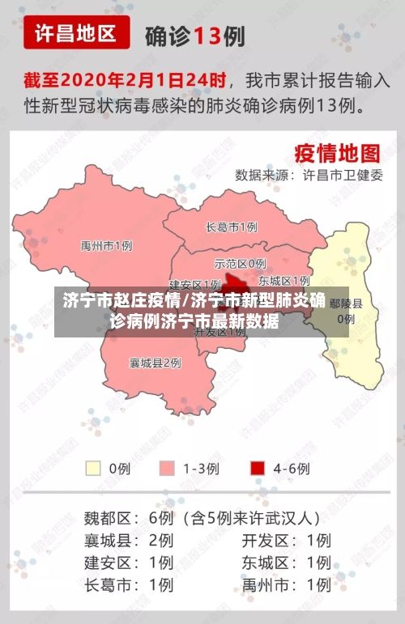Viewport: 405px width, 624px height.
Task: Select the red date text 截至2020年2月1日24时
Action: coord(125,81)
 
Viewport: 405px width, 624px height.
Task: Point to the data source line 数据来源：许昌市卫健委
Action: coord(309,174)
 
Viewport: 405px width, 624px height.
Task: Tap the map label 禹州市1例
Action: coord(106,245)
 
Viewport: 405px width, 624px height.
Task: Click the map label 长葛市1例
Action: coord(232,227)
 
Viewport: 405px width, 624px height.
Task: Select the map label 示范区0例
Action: coord(240,263)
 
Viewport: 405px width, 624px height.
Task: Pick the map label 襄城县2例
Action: coord(155,363)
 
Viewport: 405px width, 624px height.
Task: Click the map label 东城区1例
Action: coord(284,281)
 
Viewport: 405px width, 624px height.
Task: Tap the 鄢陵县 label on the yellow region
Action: coord(346,304)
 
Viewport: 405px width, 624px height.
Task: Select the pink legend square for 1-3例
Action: coord(168,468)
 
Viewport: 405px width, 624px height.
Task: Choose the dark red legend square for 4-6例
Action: coord(258,468)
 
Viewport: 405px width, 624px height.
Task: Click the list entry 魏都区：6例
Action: coord(129,517)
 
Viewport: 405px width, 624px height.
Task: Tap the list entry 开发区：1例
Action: coord(286,540)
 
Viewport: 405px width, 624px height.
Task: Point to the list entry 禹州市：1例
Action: coord(286,584)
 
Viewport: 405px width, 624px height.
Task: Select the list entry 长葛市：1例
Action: coord(129,584)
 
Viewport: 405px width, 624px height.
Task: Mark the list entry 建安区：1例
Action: coord(129,562)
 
